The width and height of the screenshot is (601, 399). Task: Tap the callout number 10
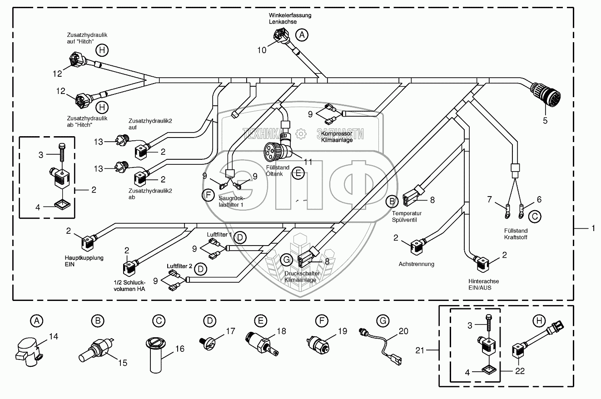262,50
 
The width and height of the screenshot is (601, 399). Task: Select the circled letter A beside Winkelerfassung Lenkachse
301,34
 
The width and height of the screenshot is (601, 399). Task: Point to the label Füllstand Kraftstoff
516,234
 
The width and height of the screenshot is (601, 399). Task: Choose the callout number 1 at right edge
592,229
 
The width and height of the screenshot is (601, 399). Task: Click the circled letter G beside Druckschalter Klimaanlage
286,260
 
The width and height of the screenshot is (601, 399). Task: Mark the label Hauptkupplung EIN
84,261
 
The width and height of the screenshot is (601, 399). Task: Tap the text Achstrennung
416,264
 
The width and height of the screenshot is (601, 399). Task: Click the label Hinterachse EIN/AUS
484,284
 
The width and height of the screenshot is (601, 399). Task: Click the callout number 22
520,371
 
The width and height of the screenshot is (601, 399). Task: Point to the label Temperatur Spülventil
407,216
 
